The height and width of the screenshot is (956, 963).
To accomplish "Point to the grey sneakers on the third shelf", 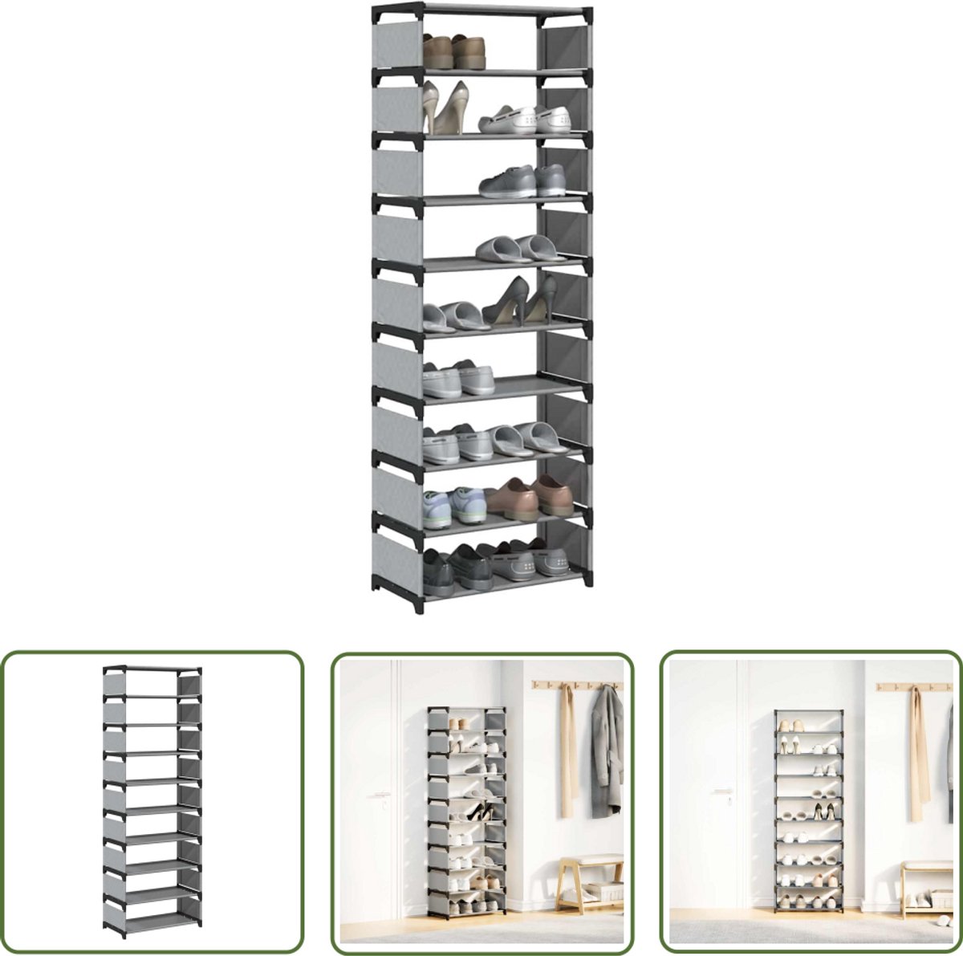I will coord(522,181).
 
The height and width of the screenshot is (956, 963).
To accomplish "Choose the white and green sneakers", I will coord(454,506).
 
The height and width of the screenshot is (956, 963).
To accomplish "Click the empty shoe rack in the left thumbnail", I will coord(152,801).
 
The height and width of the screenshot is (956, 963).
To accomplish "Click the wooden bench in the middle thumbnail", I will coord(590,881).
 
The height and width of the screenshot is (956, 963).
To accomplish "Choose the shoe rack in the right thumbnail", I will coord(808,811).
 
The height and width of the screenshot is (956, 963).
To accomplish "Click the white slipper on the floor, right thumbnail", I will coord(944,917).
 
